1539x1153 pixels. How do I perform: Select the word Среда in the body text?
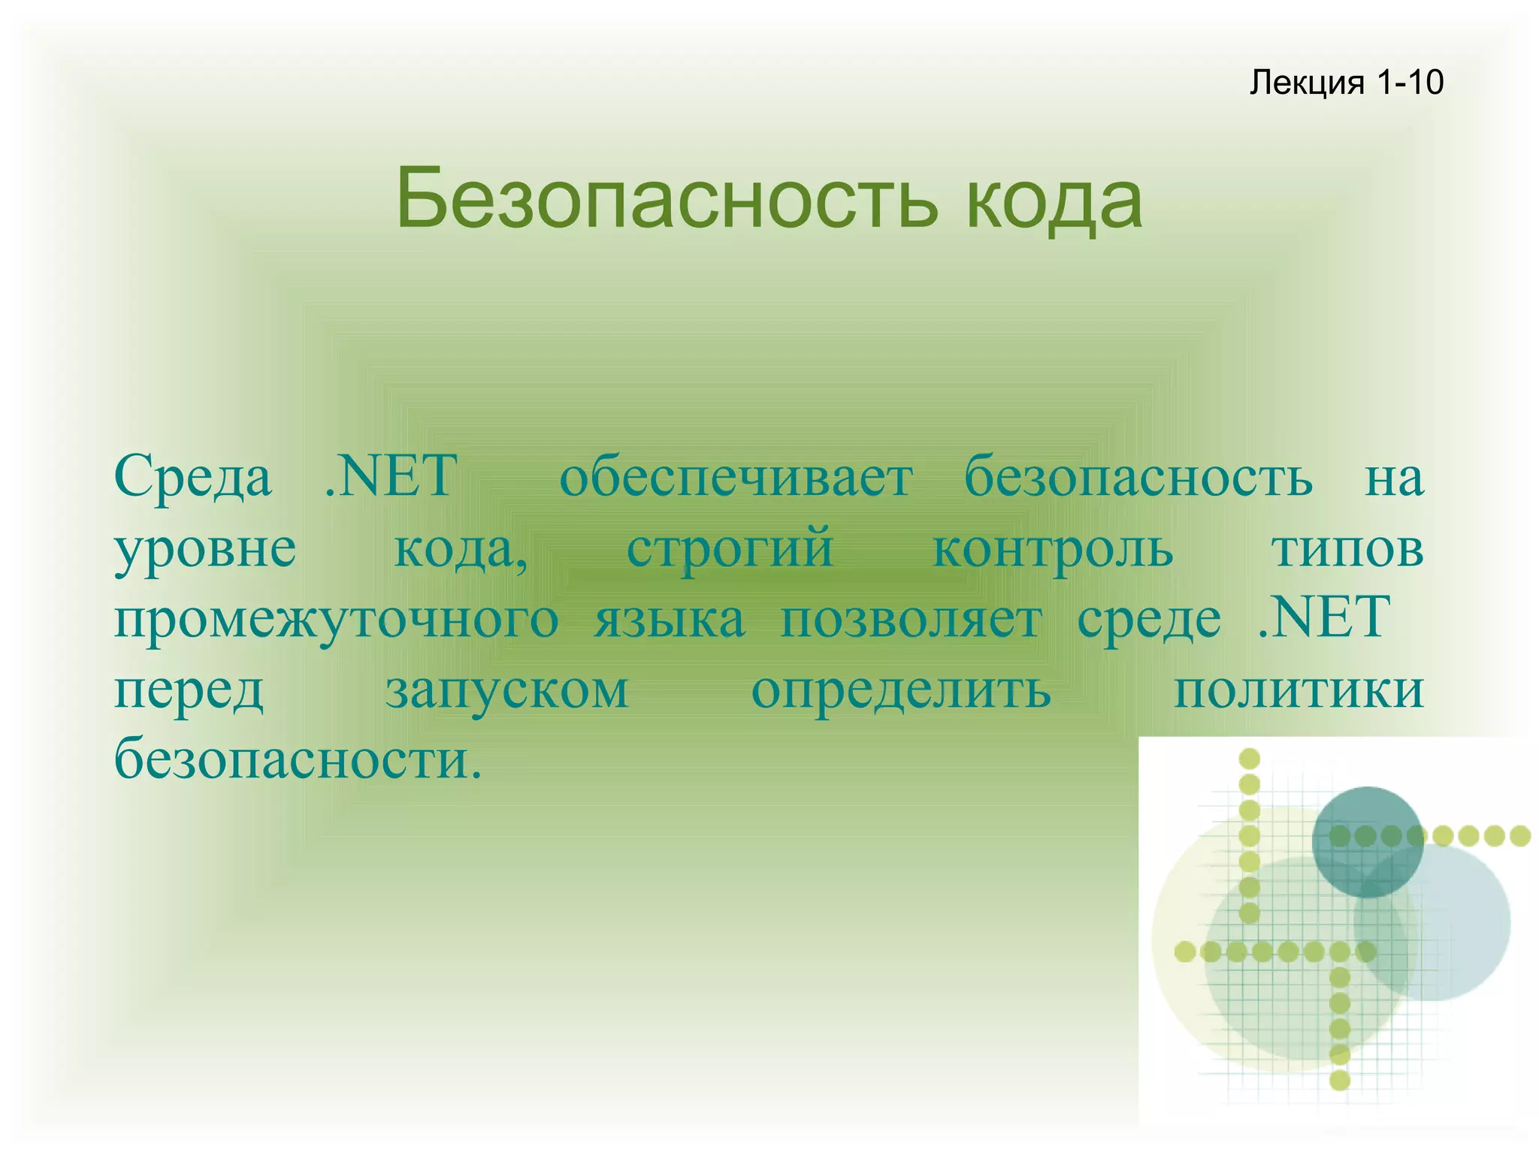(x=192, y=476)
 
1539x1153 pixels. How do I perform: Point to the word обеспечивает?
(x=736, y=476)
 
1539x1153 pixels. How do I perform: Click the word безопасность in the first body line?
(x=1138, y=476)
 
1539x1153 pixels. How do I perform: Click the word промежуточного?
(x=336, y=620)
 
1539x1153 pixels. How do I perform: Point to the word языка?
(x=670, y=619)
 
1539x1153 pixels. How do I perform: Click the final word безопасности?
(x=298, y=759)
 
